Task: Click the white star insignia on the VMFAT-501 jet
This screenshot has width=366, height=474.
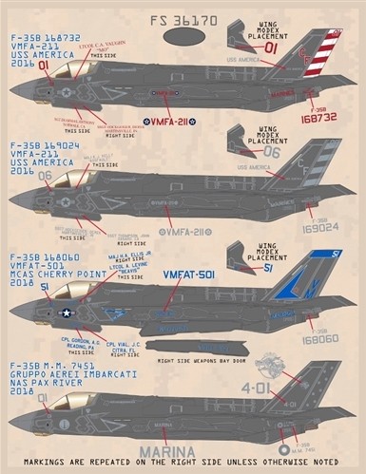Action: (x=67, y=312)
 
